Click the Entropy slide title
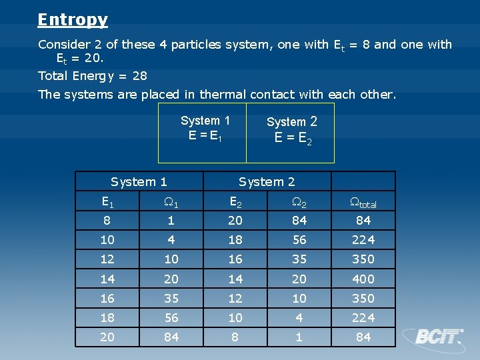(73, 20)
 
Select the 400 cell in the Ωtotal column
(363, 279)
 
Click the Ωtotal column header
(363, 202)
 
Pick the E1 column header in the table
(107, 201)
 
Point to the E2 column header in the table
(235, 201)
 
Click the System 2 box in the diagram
(291, 132)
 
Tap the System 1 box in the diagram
(203, 132)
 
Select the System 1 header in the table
(139, 182)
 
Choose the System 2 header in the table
(267, 182)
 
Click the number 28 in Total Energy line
(139, 76)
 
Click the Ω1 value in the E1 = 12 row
(171, 259)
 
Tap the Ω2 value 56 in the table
(299, 240)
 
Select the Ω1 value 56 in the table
(171, 317)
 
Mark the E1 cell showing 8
(107, 221)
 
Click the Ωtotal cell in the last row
(363, 337)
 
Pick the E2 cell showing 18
(235, 240)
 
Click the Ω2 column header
(299, 201)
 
